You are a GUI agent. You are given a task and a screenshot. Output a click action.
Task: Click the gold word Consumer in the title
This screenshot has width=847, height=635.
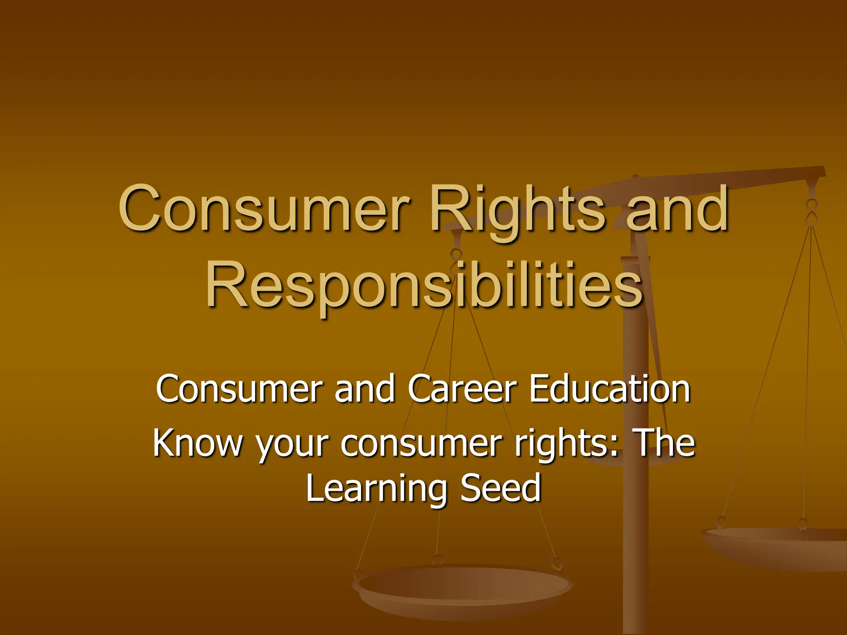(x=265, y=209)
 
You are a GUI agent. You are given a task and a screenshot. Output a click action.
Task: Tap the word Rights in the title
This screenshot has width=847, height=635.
(x=517, y=211)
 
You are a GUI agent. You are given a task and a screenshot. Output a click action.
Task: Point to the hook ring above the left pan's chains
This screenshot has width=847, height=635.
(x=456, y=256)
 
